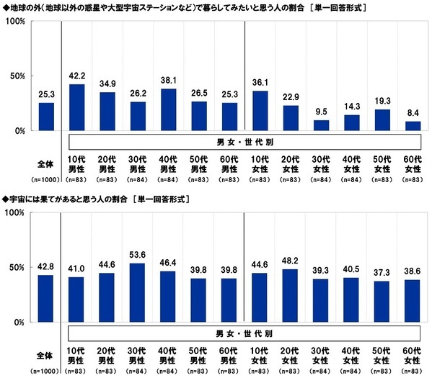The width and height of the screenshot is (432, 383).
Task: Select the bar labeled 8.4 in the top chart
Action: click(x=413, y=126)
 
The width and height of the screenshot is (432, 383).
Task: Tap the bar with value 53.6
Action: click(x=138, y=294)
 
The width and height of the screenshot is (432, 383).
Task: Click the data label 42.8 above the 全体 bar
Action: click(x=46, y=268)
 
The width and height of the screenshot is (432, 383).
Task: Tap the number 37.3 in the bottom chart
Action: click(x=383, y=274)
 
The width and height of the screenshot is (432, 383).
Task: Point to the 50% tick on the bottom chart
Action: click(x=18, y=269)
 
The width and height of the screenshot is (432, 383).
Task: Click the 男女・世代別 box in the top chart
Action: click(x=245, y=142)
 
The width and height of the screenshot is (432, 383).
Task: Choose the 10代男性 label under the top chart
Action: click(x=77, y=163)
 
